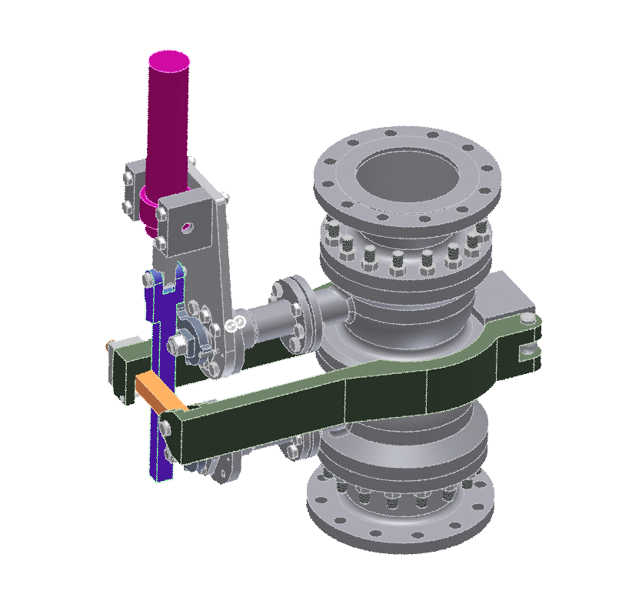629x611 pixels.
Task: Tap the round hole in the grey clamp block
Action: [185, 227]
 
